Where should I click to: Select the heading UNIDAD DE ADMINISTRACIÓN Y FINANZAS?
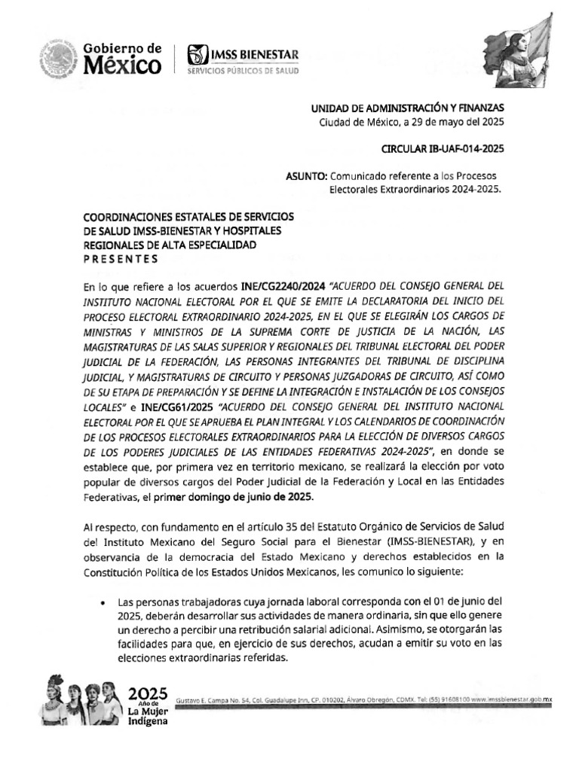[408, 108]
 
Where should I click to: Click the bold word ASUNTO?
[306, 175]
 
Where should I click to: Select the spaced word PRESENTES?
[121, 259]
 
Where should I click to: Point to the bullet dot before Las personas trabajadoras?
[102, 603]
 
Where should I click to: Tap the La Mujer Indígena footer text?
[147, 715]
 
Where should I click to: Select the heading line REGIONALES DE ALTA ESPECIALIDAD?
[170, 245]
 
